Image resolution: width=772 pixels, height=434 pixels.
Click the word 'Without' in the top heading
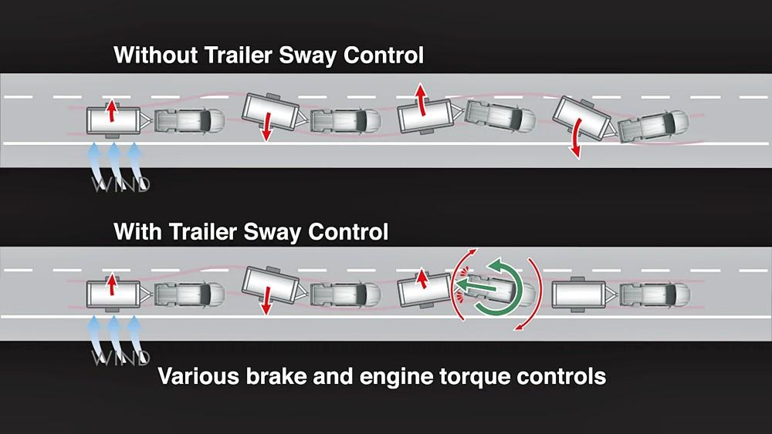click(x=156, y=55)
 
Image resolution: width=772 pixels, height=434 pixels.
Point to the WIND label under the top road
click(x=121, y=184)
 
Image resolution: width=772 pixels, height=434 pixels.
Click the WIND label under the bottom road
click(x=121, y=358)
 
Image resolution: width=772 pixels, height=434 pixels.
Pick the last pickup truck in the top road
click(x=655, y=127)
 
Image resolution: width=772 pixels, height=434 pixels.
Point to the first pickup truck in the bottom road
click(x=190, y=294)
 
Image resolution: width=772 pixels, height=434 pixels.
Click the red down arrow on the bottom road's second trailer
click(x=267, y=301)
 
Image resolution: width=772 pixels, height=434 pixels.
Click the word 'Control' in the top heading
click(x=384, y=55)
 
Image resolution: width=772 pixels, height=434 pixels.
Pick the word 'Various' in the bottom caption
click(x=198, y=376)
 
